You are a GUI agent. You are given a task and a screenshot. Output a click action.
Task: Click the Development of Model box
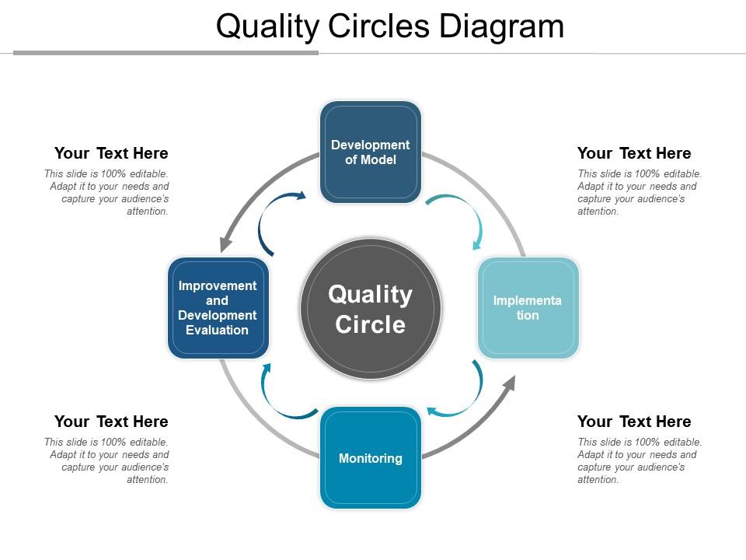tap(371, 152)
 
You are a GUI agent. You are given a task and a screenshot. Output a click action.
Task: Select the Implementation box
tap(528, 308)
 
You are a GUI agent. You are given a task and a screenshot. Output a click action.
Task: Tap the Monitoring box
tap(371, 458)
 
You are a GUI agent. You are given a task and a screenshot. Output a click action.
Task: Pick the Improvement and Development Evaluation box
tap(218, 308)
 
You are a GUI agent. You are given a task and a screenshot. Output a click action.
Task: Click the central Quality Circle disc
tap(371, 309)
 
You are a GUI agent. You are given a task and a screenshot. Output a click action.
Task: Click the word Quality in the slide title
tap(267, 26)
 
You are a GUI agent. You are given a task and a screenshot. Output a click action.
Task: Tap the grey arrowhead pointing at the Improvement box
tap(226, 243)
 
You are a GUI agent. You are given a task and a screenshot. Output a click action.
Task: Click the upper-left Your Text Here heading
tap(111, 153)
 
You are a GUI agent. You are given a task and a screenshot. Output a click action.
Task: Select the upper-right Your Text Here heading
tap(634, 153)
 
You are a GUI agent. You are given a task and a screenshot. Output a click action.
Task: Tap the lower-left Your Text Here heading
tap(111, 422)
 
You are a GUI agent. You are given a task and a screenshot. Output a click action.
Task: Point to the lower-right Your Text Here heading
tap(634, 422)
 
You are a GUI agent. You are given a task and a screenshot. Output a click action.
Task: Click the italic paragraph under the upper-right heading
tap(639, 193)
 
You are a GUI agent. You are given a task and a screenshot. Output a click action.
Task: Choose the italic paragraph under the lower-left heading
tap(107, 461)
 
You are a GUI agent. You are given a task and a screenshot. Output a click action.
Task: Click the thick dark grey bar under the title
tap(166, 53)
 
